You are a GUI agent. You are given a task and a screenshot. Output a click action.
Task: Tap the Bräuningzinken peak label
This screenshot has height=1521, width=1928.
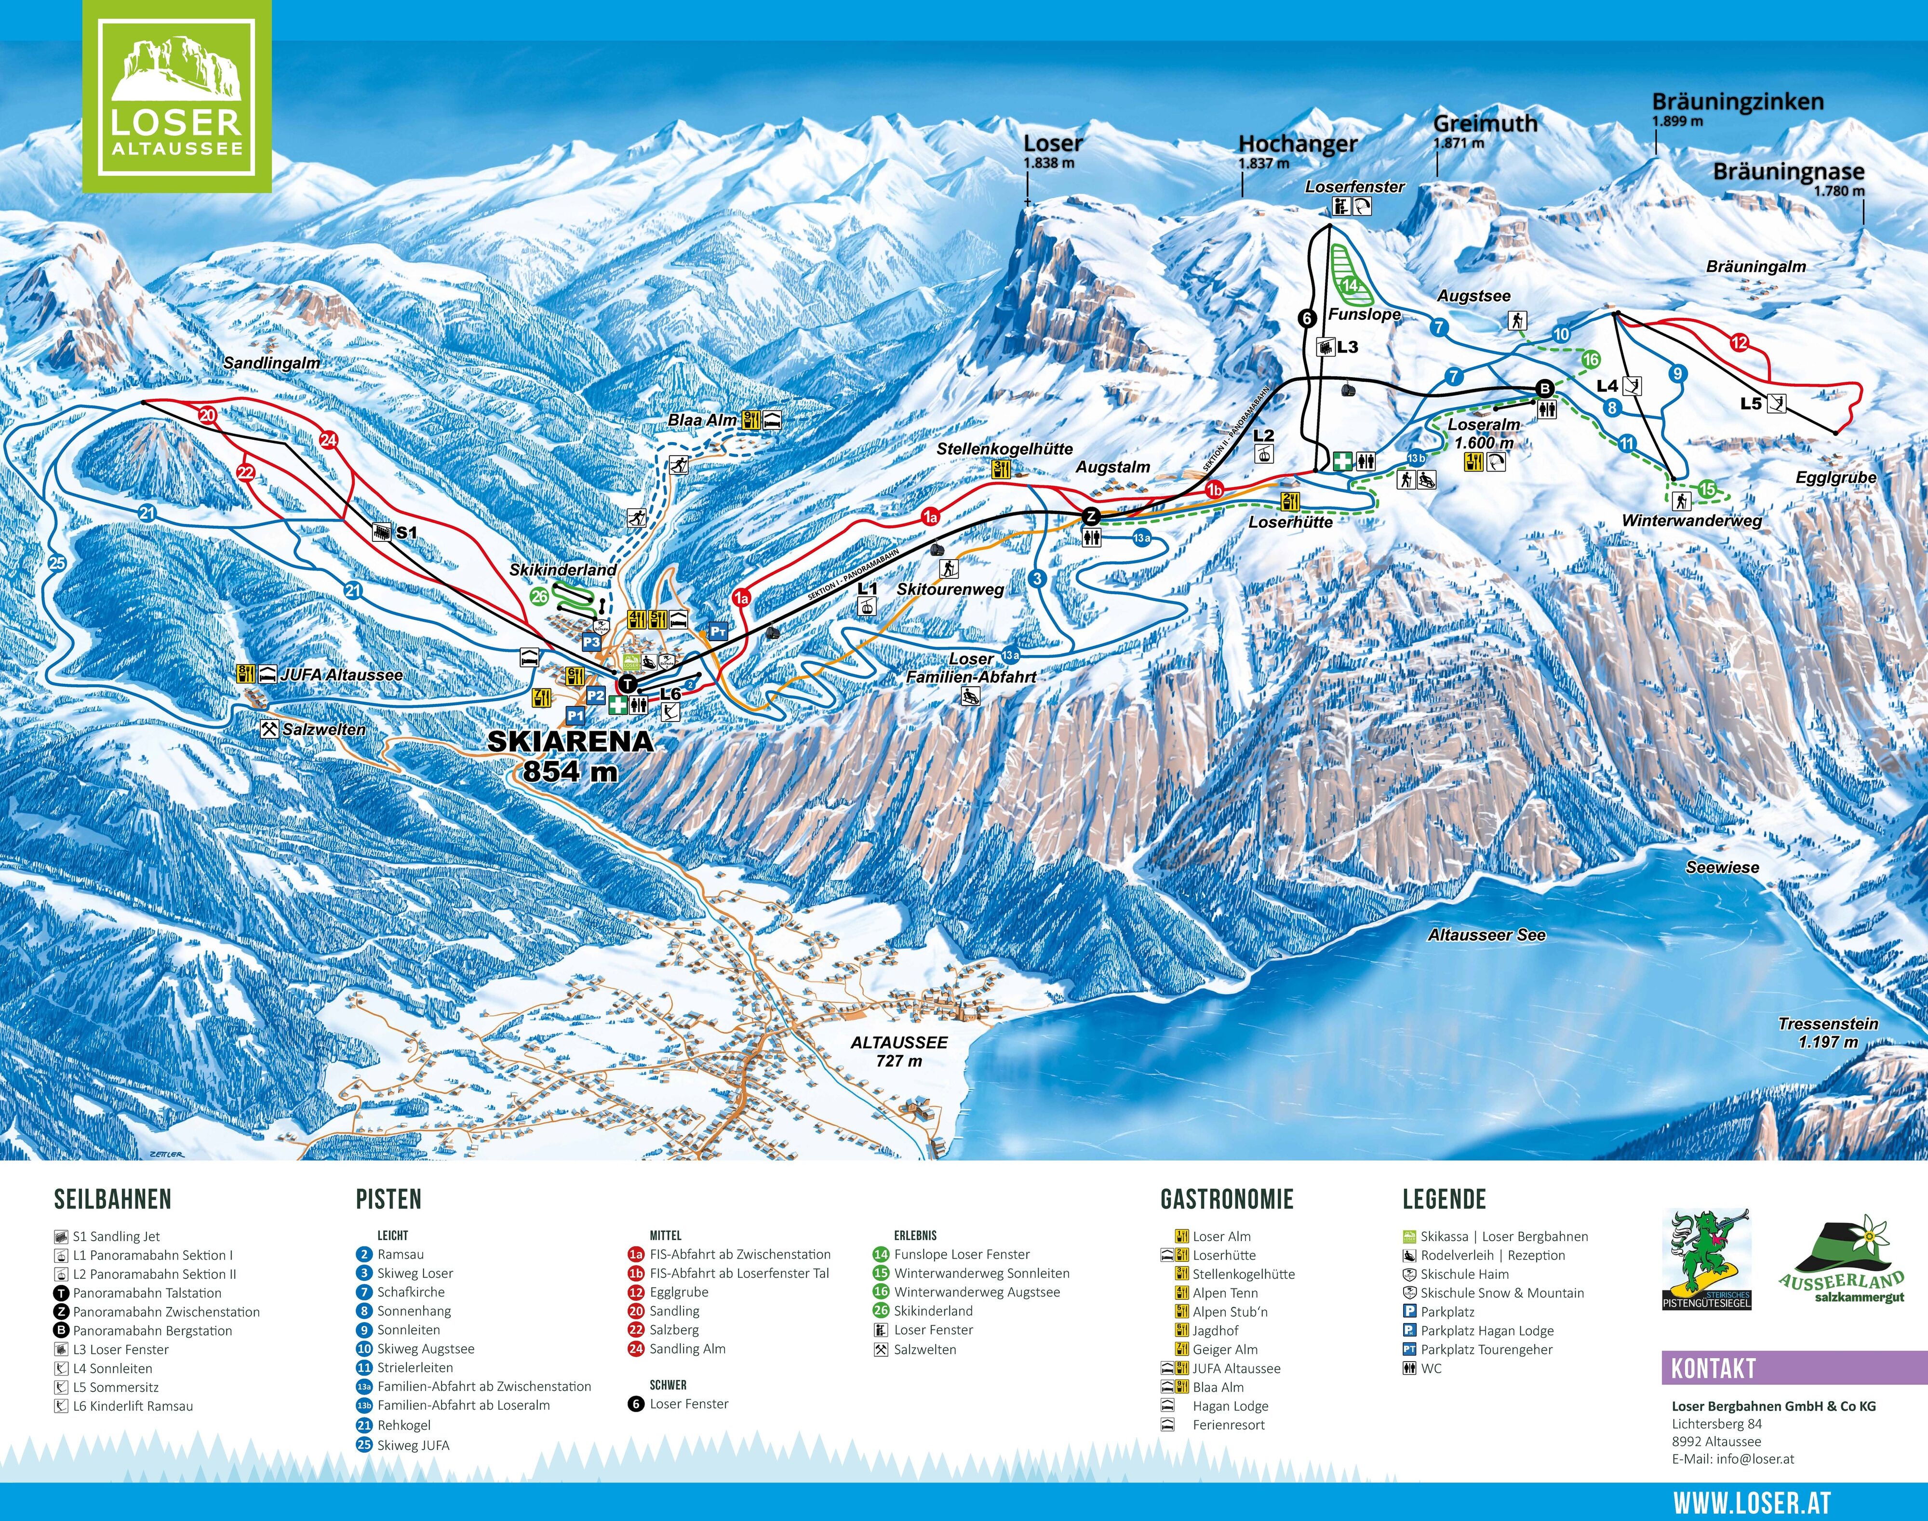tap(1737, 103)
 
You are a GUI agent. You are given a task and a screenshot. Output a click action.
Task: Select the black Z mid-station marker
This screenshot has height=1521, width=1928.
tap(1090, 516)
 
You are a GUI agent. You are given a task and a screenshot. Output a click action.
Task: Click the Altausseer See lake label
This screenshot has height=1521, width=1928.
tap(1486, 935)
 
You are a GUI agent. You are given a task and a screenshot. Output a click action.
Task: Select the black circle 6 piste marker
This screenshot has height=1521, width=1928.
tap(1307, 318)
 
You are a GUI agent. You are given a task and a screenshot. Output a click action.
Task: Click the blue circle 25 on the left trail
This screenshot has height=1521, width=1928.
tap(57, 563)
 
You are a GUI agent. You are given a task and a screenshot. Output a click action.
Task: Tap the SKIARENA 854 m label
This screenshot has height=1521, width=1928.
tap(570, 755)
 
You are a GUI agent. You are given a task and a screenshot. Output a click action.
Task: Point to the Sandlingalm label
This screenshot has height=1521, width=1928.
tap(272, 363)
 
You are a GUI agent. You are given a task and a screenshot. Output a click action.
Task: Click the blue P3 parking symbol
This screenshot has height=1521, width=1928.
tap(591, 642)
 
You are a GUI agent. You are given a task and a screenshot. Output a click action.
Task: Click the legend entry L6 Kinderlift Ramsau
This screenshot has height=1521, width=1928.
tap(132, 1406)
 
